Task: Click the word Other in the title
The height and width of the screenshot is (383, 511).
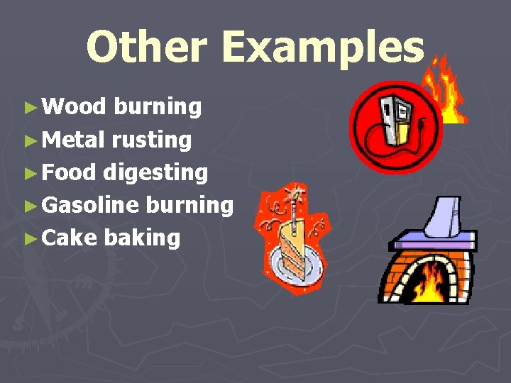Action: point(146,48)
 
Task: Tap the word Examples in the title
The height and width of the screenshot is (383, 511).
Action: point(323,48)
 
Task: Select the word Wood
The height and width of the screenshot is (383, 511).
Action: point(74,107)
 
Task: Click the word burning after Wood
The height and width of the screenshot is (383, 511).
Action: point(158,107)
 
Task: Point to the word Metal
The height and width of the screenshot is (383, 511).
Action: point(74,140)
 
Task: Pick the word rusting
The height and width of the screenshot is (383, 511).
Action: point(152,140)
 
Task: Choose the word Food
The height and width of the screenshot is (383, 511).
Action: point(70,172)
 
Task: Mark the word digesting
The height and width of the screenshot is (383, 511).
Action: point(156,173)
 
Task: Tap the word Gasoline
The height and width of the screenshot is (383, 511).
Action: point(90,205)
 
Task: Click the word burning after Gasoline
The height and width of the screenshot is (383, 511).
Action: point(189,205)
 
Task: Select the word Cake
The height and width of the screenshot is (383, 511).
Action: point(69,238)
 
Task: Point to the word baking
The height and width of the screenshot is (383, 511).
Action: point(142,238)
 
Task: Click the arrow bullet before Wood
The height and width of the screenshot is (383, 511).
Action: point(29,108)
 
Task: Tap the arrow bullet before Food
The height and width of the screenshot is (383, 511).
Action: point(29,173)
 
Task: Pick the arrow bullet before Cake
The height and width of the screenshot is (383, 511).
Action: point(29,238)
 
